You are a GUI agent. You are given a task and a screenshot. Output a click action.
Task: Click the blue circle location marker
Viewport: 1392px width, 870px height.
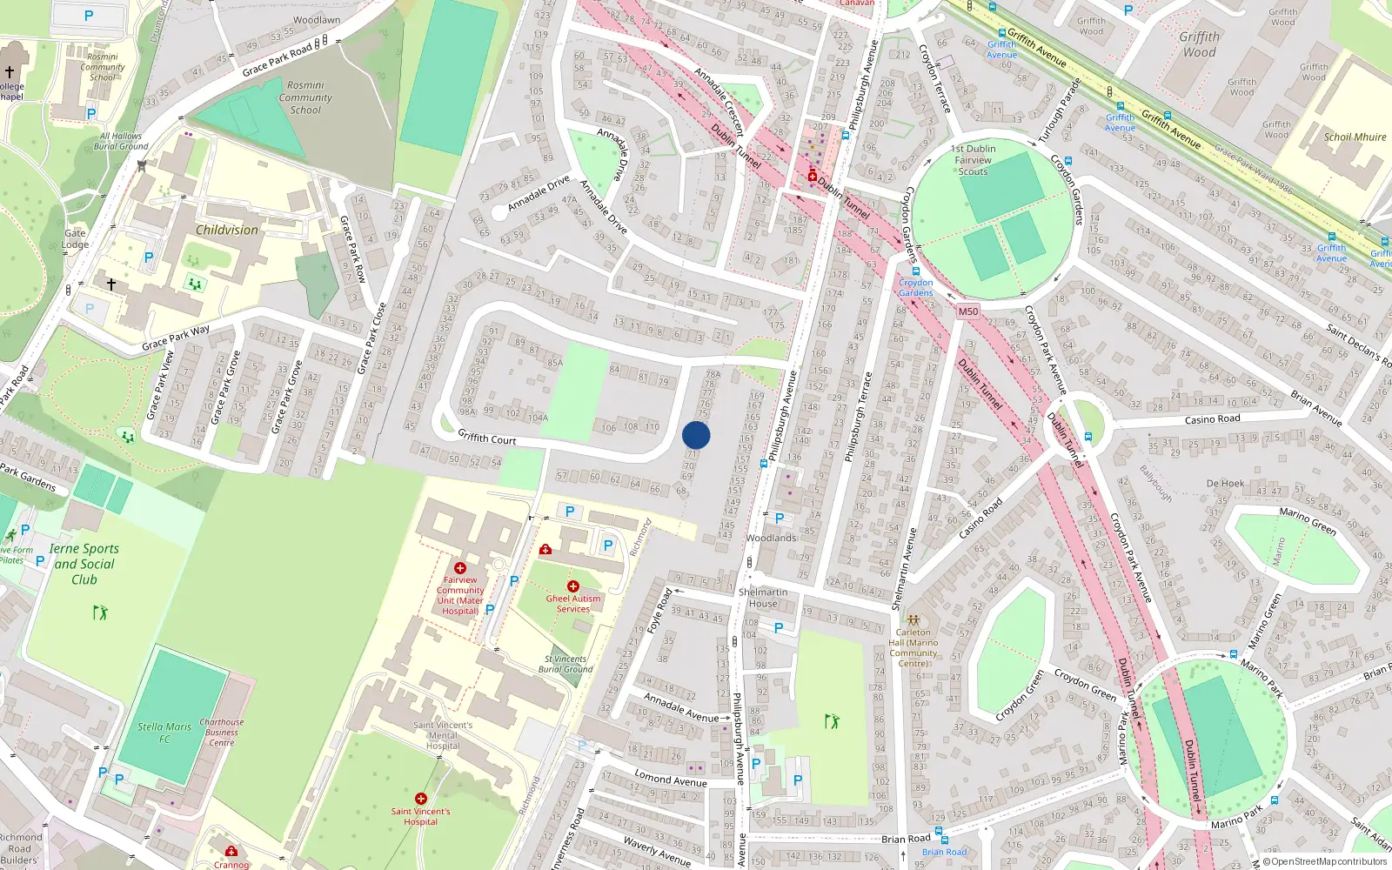(696, 435)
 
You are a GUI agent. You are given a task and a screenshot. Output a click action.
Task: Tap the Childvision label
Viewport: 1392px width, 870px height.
(227, 230)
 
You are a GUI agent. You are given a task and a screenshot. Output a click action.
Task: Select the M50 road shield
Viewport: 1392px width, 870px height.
(967, 311)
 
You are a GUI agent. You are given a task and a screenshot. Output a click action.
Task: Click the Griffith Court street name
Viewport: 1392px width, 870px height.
(487, 438)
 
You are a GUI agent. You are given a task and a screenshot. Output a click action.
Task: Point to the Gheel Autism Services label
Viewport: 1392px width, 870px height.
(573, 604)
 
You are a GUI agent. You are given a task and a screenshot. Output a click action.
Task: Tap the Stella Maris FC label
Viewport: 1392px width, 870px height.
(164, 733)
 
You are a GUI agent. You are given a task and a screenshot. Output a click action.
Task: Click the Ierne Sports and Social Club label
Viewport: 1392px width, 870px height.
(84, 564)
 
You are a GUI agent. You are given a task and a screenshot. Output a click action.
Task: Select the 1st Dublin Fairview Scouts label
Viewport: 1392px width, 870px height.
(973, 160)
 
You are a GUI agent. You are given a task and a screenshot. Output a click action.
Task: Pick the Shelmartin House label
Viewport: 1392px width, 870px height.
(763, 598)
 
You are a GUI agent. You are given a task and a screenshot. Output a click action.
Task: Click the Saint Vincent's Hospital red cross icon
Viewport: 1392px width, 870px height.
(421, 799)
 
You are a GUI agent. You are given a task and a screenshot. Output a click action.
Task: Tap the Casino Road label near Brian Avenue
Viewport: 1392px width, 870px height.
(1212, 419)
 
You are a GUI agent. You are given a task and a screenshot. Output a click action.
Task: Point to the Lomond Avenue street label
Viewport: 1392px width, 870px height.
(670, 779)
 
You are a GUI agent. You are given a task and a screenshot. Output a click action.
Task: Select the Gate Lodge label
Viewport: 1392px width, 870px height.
(75, 238)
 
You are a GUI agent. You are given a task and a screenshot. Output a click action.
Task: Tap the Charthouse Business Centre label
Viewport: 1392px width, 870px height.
(221, 733)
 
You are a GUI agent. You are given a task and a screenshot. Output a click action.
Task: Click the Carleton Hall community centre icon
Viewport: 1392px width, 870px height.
(913, 620)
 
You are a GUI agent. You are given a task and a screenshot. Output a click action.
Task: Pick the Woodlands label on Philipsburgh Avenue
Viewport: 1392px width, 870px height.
(771, 538)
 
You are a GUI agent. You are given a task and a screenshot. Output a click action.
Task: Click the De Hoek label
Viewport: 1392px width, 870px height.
(1225, 483)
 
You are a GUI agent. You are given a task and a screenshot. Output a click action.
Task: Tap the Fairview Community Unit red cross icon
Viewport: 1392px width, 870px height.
(460, 568)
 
